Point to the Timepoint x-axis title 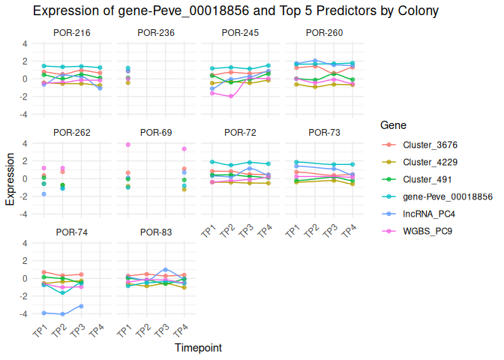pyautogui.click(x=198, y=348)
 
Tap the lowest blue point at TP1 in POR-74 pyautogui.click(x=44, y=313)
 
